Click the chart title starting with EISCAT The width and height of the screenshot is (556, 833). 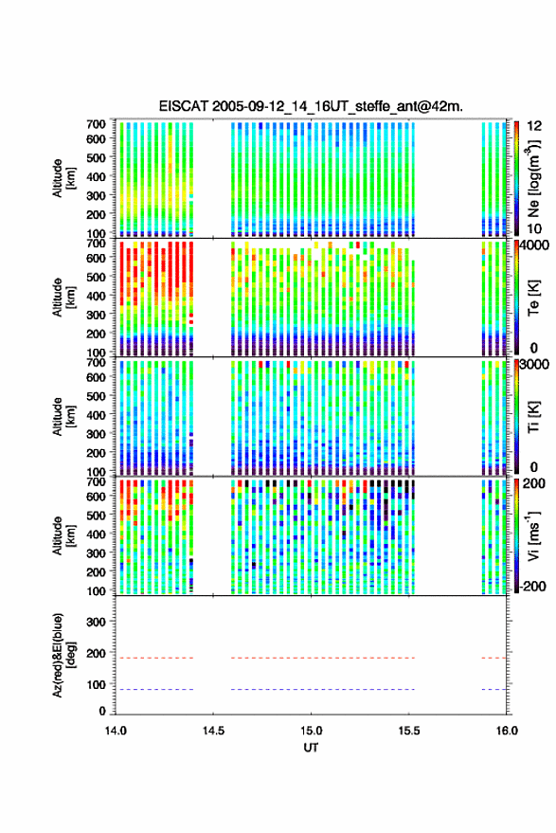(311, 106)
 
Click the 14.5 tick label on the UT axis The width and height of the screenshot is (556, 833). (213, 731)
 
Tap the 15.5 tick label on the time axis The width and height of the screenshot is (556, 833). (408, 731)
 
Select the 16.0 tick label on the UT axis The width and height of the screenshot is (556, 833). (507, 731)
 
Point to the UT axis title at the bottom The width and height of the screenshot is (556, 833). (311, 748)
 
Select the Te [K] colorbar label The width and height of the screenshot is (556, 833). (533, 298)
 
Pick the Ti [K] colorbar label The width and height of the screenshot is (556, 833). (533, 417)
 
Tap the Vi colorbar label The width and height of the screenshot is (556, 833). (533, 535)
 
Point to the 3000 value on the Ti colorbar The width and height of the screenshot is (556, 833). (534, 365)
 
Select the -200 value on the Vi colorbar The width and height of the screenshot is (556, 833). (533, 587)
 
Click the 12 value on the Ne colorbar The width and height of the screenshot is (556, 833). (534, 126)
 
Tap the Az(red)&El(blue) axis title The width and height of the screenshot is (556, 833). (63, 655)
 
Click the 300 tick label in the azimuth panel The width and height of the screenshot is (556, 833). (96, 622)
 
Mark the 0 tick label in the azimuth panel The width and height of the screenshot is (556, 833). (102, 711)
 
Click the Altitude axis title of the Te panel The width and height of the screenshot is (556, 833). (63, 298)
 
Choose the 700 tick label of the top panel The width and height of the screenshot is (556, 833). (96, 124)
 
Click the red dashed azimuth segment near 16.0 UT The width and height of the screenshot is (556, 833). (493, 658)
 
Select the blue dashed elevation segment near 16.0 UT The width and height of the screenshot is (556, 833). (493, 689)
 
